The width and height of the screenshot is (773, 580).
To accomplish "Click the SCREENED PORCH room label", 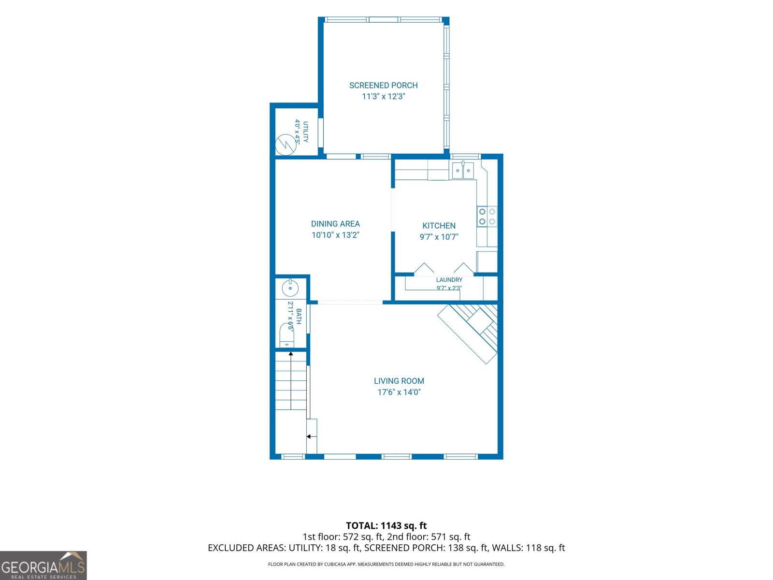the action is (x=383, y=85).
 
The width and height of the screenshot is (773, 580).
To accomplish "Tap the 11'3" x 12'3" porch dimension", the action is (x=384, y=96).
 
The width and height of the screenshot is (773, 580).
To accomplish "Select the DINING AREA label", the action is (x=335, y=224).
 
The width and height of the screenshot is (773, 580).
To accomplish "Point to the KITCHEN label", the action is (x=439, y=226).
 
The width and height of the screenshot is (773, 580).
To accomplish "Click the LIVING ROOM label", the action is (x=399, y=381).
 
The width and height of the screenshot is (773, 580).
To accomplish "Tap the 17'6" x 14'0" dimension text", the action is (x=399, y=392).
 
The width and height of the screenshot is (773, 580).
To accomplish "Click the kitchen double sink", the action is (x=463, y=170).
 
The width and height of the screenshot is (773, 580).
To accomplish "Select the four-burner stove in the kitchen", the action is (x=487, y=216).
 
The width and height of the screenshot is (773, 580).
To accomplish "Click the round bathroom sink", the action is (x=290, y=288).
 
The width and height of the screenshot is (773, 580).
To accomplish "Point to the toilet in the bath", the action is (x=286, y=335).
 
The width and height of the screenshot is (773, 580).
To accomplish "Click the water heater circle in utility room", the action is (x=286, y=145).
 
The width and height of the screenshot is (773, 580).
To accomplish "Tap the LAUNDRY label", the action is (x=449, y=280).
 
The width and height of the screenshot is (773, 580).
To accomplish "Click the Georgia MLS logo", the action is (x=43, y=565).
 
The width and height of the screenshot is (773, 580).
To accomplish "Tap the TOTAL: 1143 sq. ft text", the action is (x=386, y=525).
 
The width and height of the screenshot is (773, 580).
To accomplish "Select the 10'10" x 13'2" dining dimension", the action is (x=335, y=235).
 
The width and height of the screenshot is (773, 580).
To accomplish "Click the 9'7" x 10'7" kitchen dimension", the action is (x=439, y=237).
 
